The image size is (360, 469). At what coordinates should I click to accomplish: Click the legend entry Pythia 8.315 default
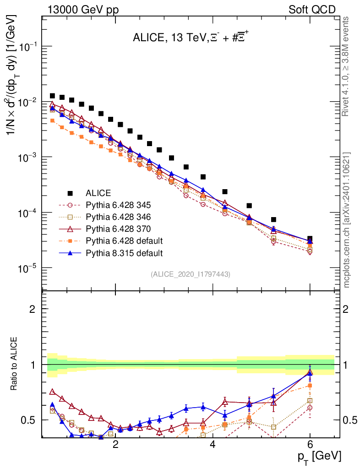124,253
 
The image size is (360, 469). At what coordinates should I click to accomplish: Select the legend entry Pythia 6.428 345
119,205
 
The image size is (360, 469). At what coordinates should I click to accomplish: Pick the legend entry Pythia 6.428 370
119,229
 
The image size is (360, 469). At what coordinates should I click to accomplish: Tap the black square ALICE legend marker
70,193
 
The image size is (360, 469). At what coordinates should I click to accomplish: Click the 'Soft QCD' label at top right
312,10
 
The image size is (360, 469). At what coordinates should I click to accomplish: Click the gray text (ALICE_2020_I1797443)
190,274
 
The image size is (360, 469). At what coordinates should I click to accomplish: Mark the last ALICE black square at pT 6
310,239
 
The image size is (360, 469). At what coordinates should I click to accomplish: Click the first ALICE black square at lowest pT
52,96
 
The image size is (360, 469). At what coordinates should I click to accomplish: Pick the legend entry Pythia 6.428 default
124,241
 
